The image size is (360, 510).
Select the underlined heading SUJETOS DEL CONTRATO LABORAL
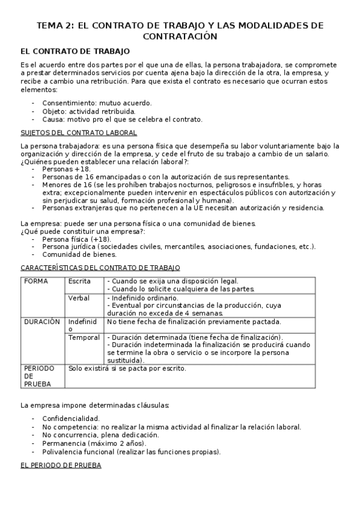[79, 132]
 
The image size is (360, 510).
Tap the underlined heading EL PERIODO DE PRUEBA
[61, 465]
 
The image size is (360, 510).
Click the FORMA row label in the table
[35, 281]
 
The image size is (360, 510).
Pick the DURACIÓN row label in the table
[42, 322]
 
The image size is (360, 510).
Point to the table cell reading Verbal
[79, 298]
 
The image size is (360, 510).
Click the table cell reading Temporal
[84, 338]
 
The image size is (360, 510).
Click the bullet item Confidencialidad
[71, 418]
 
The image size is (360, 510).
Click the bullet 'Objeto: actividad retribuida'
[89, 111]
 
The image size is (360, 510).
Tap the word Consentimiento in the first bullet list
[67, 103]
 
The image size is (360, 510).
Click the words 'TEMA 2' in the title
[55, 25]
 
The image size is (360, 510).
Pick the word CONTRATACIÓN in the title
[180, 37]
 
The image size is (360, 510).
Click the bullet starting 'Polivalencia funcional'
[131, 452]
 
